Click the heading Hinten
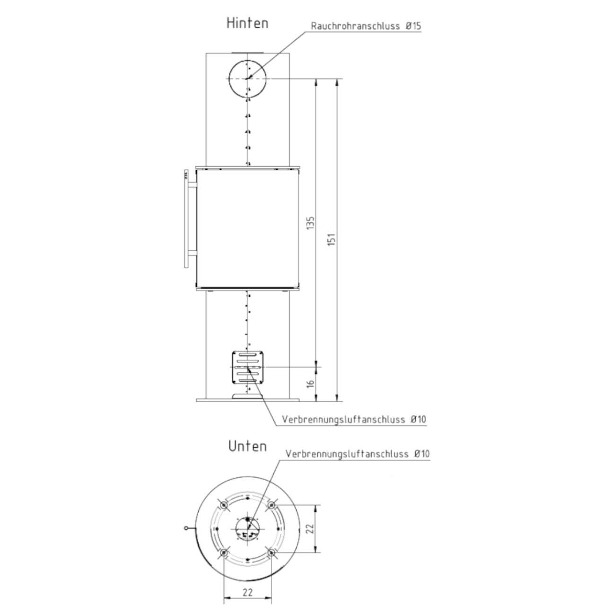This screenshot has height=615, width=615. (x=247, y=23)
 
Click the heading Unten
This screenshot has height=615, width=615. (x=247, y=446)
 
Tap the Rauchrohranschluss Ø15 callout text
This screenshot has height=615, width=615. (x=366, y=26)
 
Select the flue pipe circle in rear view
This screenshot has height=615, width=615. (x=229, y=79)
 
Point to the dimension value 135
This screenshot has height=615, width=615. (x=310, y=222)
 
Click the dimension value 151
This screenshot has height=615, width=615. (x=332, y=239)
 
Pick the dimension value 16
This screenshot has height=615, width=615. (x=310, y=383)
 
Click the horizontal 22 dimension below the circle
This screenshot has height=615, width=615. (x=247, y=575)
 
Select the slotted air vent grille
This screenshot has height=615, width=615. (x=248, y=367)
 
